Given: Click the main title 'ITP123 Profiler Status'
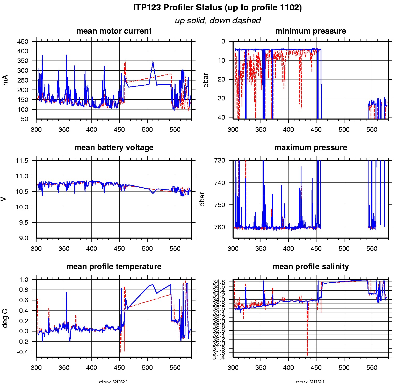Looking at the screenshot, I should tap(217, 8).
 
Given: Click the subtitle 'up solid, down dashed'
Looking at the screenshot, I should tap(218, 20).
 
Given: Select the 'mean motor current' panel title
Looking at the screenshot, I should tap(114, 31).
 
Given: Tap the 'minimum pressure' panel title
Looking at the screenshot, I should tap(311, 31).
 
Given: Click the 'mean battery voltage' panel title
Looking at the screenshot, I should tap(114, 148).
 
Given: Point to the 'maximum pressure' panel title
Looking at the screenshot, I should tap(311, 148).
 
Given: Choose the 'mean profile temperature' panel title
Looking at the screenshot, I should tap(114, 267).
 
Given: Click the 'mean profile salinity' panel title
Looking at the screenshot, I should tap(311, 267).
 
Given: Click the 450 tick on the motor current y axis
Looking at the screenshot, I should tap(23, 42).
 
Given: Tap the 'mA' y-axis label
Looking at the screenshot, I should tap(5, 80).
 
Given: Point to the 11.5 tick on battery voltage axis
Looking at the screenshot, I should tap(22, 161).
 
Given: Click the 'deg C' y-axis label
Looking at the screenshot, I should tap(5, 318).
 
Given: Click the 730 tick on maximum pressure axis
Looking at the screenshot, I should tap(220, 160).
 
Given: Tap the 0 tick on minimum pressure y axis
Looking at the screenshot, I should tap(223, 42).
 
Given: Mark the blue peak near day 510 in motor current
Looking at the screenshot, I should tap(153, 61).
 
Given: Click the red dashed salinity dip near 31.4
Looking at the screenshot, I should tap(307, 355).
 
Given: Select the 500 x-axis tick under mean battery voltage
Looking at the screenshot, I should tap(147, 249).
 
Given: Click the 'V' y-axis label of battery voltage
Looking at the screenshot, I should tap(4, 199).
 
